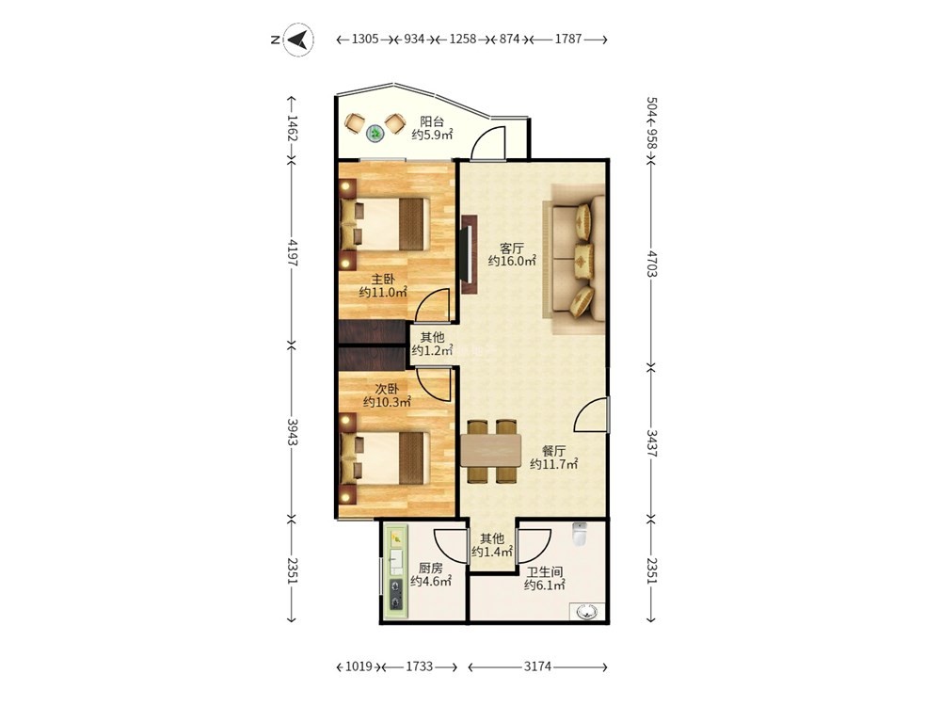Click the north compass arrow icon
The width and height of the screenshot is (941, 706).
(298, 40)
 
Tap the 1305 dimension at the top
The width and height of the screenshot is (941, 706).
(365, 39)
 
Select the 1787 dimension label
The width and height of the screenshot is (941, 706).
(567, 39)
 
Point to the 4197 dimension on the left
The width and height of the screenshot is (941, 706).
(292, 252)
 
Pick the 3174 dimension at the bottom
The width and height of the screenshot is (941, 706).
(537, 666)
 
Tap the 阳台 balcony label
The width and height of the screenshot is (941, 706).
(432, 121)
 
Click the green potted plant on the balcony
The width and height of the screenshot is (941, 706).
(375, 133)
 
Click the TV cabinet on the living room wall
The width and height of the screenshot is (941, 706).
(469, 254)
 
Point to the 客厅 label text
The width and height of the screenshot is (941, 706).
(512, 248)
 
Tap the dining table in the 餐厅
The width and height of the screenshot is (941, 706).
(491, 450)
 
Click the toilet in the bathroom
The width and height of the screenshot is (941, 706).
(579, 534)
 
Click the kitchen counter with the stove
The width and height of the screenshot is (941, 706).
(396, 568)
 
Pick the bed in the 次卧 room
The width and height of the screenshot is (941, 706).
(385, 458)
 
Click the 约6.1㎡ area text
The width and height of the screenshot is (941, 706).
(544, 586)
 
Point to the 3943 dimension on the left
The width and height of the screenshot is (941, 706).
(292, 432)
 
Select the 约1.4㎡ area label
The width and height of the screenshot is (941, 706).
(491, 552)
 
